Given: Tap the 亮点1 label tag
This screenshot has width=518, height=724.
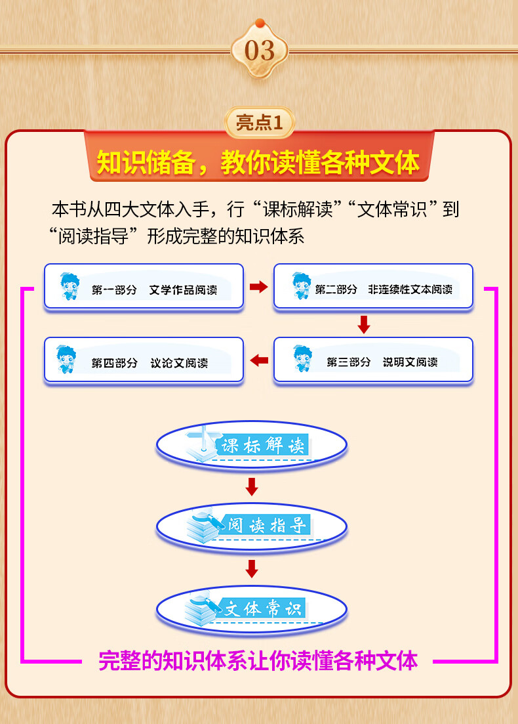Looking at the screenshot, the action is tap(259, 123).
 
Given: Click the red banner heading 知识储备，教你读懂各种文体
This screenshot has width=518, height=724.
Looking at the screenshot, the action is tap(258, 162).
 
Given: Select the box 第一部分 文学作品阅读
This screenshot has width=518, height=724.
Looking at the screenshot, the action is tap(144, 286).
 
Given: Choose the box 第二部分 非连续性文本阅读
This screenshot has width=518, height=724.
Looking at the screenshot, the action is tap(372, 286).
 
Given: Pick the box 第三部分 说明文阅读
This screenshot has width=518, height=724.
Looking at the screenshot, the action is tap(372, 360).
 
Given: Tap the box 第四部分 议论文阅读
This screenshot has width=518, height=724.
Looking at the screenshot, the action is tap(144, 360).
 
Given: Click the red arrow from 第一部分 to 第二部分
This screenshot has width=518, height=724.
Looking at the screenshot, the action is tap(259, 287).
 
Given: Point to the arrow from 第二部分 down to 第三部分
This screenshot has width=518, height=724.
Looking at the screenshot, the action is tap(364, 324).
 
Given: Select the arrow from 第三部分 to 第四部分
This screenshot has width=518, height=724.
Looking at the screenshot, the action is tap(259, 360).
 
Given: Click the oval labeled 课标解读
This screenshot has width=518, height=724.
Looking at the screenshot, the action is tap(251, 446).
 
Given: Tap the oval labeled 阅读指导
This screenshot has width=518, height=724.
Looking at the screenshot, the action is tap(251, 525).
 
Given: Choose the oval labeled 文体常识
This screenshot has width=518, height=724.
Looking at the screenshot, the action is tap(251, 608).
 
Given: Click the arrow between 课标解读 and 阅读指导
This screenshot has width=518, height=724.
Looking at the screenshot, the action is tap(251, 486).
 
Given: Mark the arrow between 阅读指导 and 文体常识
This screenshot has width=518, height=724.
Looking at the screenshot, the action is tap(251, 568).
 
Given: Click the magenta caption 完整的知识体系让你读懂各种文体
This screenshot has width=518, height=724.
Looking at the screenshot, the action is tap(258, 660).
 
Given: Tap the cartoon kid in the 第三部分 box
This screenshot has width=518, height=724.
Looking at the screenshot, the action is tap(302, 360).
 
